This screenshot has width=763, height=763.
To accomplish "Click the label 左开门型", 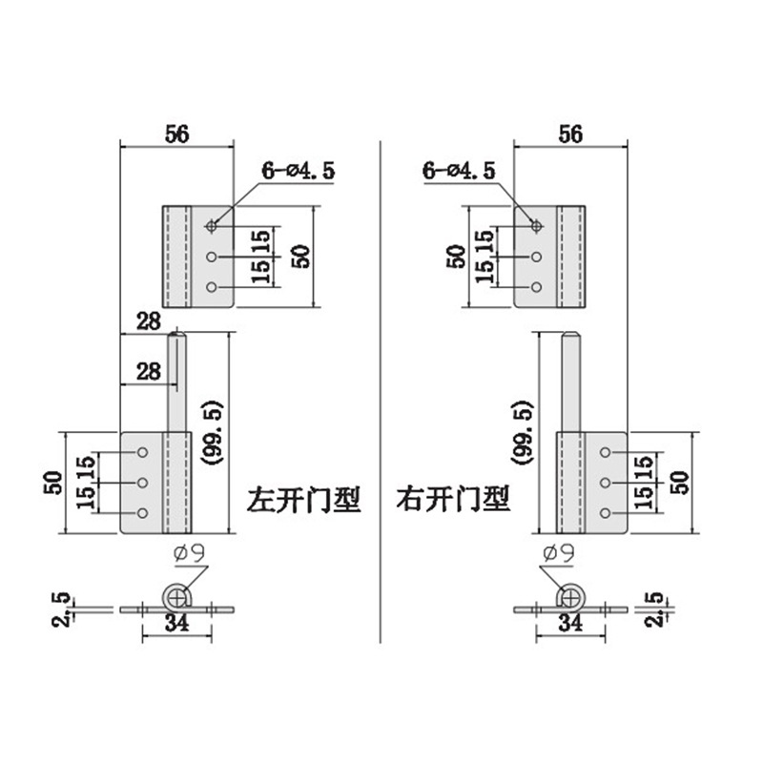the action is click(x=304, y=500).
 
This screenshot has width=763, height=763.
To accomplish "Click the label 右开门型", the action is click(x=453, y=499).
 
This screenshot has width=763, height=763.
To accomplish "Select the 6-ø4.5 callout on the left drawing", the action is click(x=299, y=171).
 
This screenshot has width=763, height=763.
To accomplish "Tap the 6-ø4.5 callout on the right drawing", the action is click(x=459, y=171).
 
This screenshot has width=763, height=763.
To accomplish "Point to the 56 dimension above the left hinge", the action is click(x=176, y=134).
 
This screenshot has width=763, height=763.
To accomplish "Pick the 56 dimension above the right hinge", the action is click(x=570, y=134).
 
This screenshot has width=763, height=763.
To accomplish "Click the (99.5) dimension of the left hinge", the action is click(x=214, y=433).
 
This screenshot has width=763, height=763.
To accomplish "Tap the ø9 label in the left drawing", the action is click(x=190, y=553).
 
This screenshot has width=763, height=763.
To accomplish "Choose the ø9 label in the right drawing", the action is click(x=559, y=553).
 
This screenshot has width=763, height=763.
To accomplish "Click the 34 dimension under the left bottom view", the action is click(x=176, y=624).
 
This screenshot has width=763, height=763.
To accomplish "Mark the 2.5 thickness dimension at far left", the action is click(x=62, y=609).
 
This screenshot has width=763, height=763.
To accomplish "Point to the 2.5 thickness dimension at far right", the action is click(x=656, y=608).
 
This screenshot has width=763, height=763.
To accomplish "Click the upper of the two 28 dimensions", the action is click(x=149, y=321).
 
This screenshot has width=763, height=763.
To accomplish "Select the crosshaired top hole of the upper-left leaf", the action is click(x=211, y=226).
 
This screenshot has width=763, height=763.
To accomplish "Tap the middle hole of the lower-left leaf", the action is click(x=142, y=483).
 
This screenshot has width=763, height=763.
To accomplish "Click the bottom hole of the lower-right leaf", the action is click(x=606, y=513).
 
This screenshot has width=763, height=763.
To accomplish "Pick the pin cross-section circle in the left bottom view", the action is click(x=176, y=597).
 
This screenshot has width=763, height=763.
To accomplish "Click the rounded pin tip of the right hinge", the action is click(x=570, y=335).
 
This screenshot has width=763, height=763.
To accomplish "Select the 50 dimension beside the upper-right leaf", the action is click(x=457, y=257).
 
